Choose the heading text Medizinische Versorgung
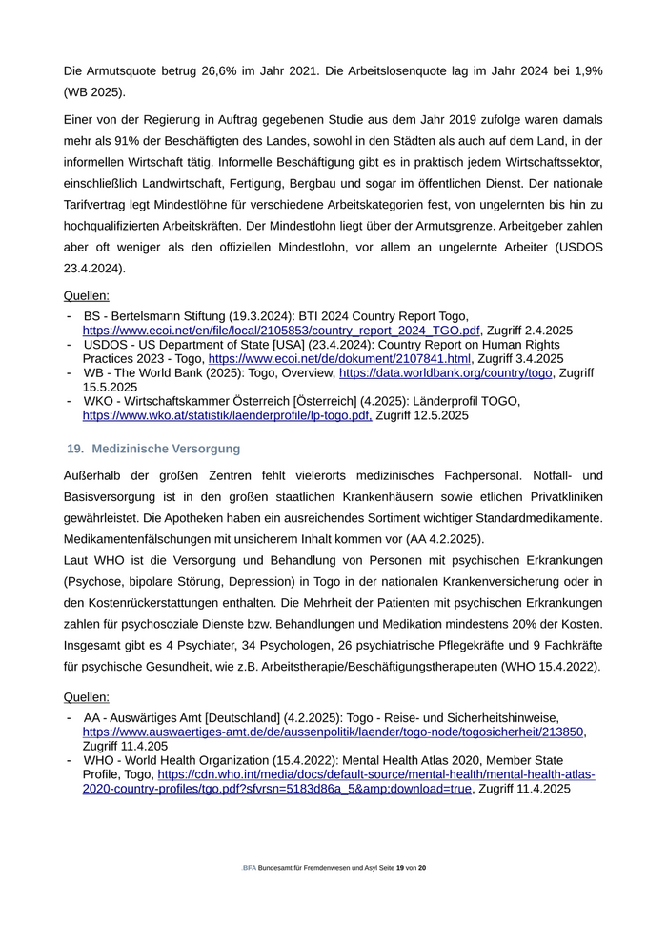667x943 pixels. (166, 448)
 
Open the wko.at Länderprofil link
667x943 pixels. (228, 415)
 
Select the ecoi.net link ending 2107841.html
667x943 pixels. (341, 359)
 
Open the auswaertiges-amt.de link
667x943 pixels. (333, 732)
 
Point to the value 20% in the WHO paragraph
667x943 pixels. (535, 623)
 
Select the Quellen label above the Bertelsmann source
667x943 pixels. (86, 295)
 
